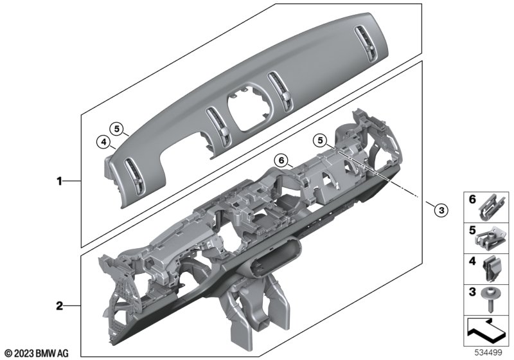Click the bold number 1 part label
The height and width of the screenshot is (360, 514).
click(59, 181)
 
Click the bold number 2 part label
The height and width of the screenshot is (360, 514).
click(59, 306)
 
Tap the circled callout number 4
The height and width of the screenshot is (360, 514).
click(103, 142)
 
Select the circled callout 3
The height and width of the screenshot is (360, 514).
click(441, 210)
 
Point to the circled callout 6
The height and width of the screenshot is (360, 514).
click(281, 160)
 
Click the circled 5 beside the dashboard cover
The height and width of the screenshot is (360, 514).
click(117, 129)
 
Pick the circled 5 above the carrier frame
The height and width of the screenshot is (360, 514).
click(320, 140)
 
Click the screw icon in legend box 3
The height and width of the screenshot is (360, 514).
click(489, 300)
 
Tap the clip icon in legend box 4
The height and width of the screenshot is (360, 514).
click(490, 269)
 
